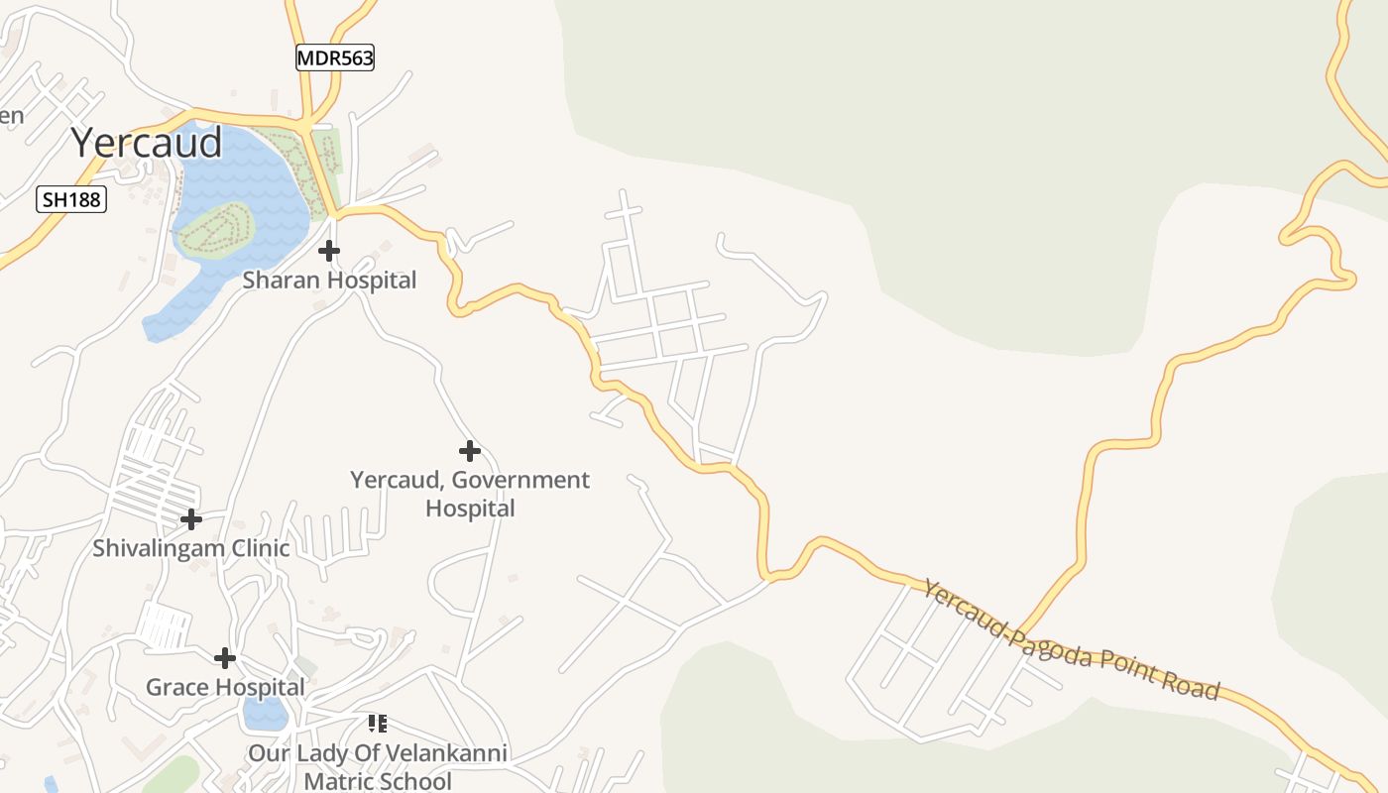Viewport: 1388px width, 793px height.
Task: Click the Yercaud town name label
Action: (147, 144)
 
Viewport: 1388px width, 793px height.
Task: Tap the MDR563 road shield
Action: (335, 58)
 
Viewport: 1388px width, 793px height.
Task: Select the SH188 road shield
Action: (71, 199)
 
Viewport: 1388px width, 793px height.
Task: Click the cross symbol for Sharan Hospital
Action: (329, 251)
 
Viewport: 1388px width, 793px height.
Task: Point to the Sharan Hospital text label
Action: (329, 281)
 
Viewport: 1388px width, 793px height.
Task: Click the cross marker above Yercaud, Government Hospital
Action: (470, 452)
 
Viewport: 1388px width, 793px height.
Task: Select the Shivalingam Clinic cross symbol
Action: (191, 519)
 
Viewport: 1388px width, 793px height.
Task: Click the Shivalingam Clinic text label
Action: (191, 548)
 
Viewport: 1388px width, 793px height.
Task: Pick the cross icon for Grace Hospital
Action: (225, 658)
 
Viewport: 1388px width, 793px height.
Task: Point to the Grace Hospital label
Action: (225, 687)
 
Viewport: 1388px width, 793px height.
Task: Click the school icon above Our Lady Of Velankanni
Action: (377, 724)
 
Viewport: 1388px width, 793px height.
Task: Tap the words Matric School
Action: (378, 781)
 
